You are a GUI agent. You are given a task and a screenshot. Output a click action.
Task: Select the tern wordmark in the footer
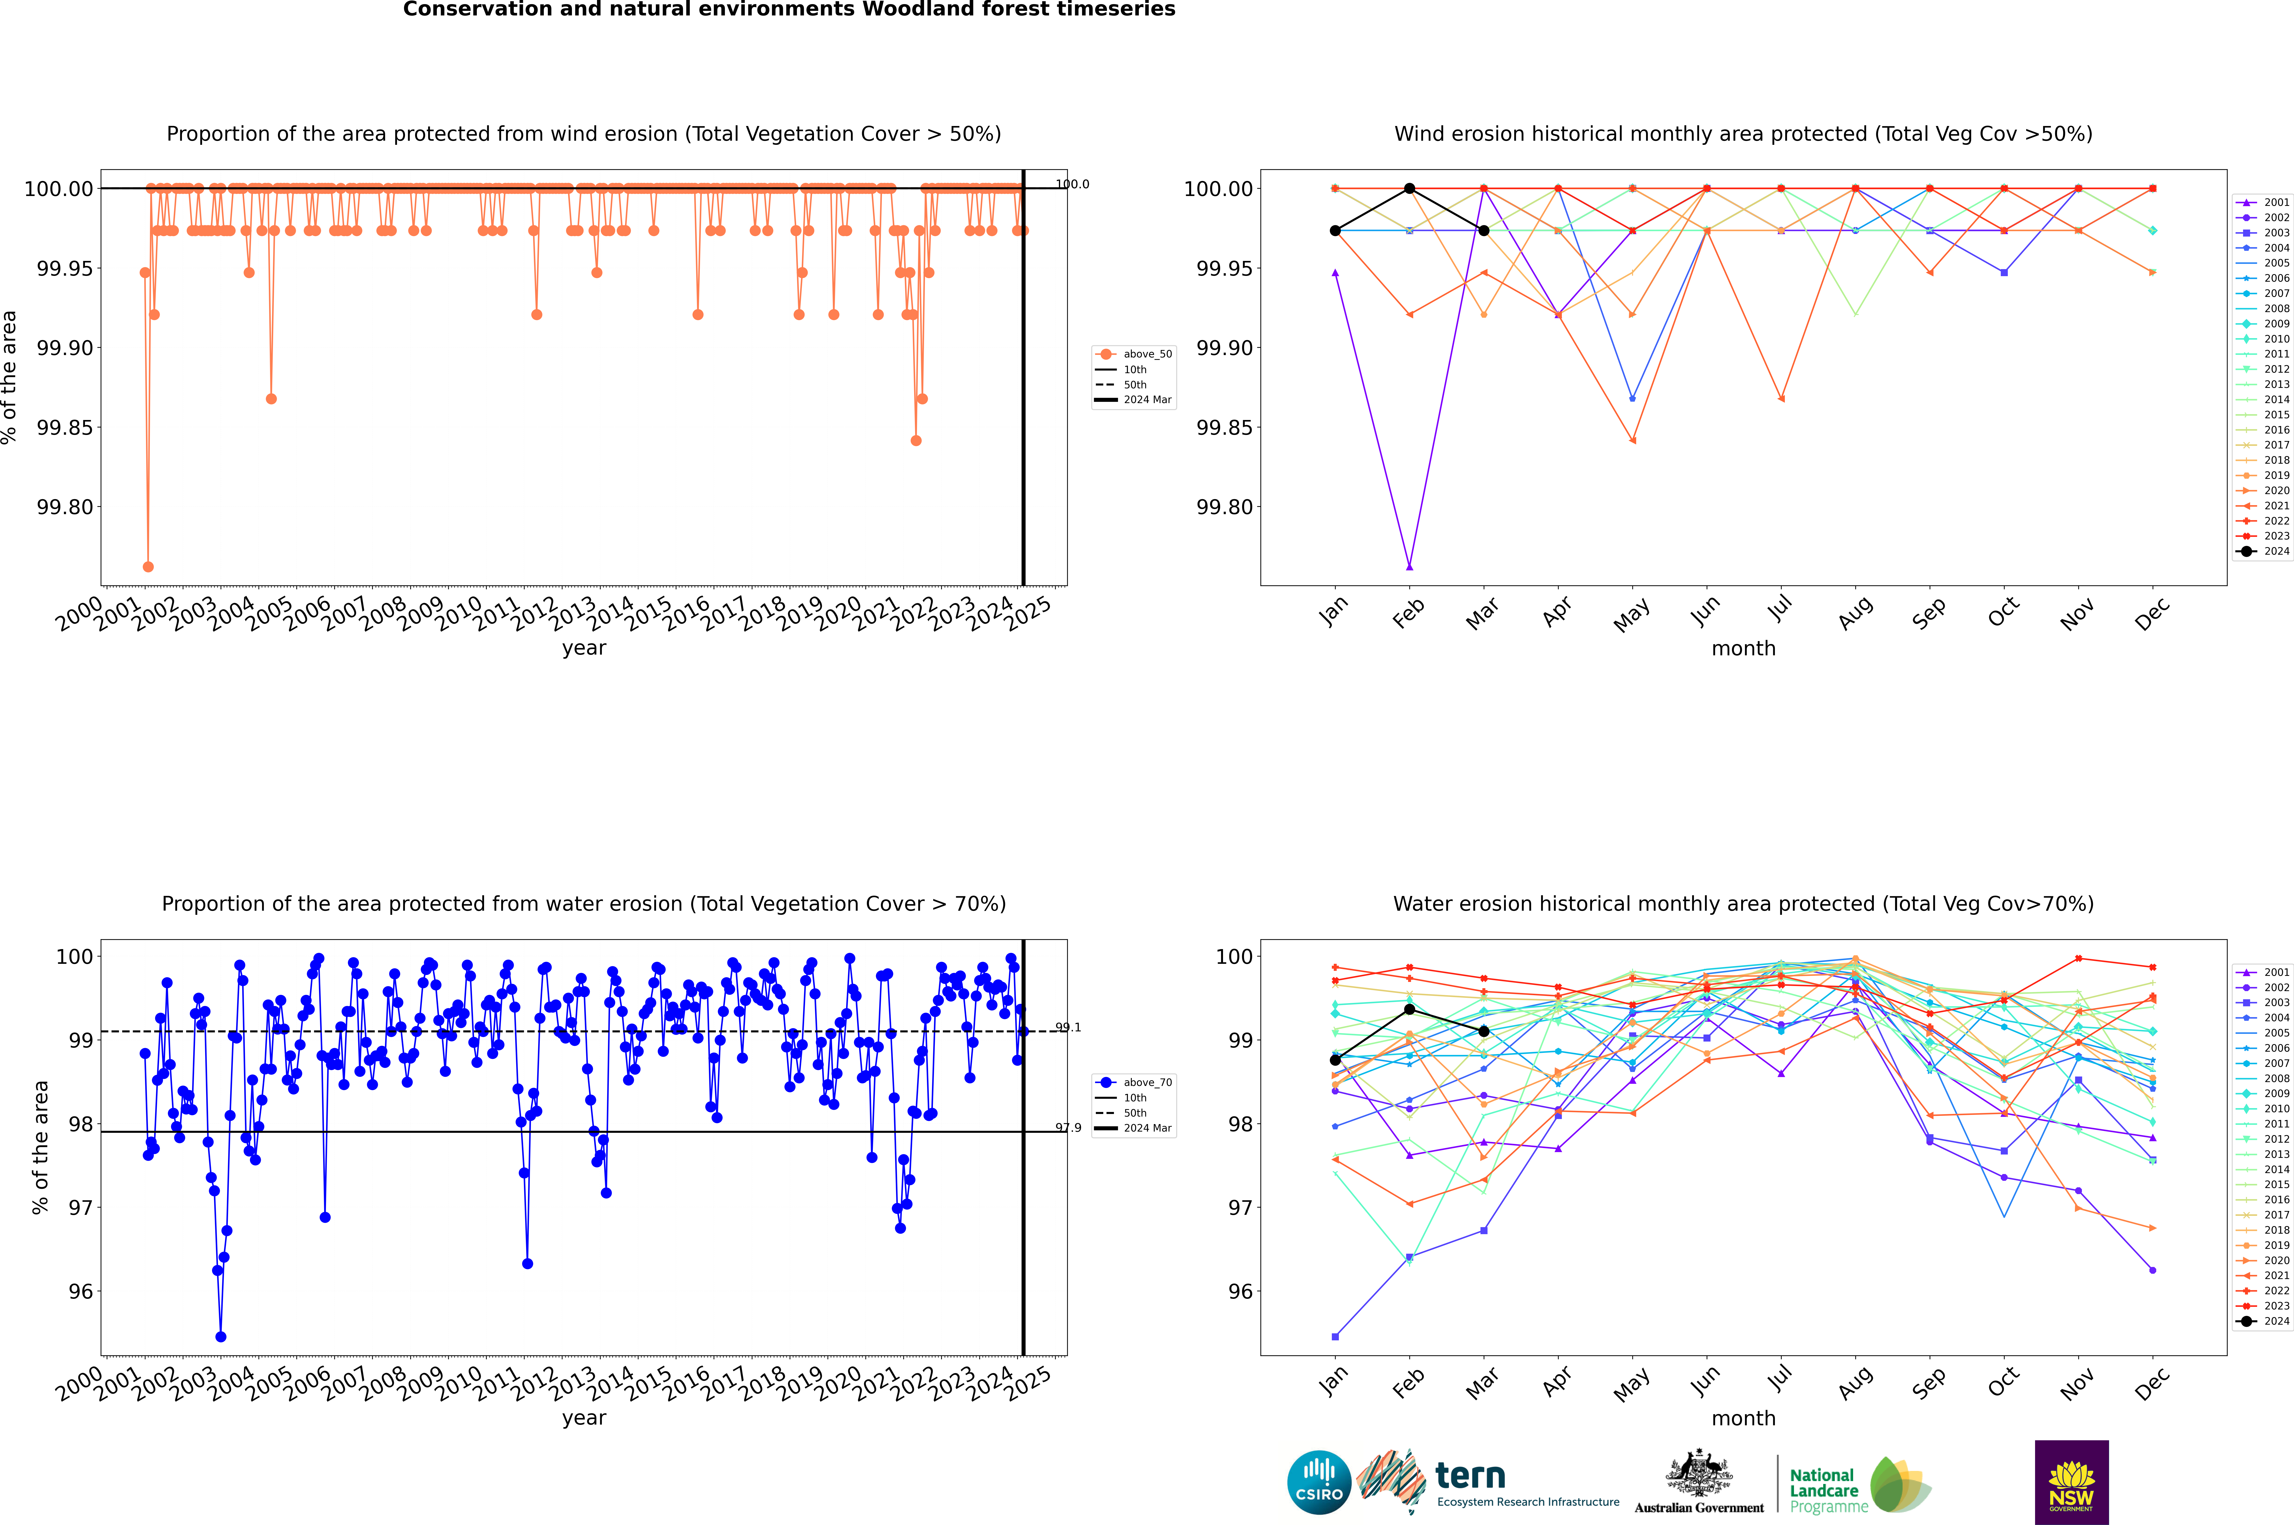(1470, 1476)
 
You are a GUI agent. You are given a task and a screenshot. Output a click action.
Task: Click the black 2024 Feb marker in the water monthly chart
(1409, 1009)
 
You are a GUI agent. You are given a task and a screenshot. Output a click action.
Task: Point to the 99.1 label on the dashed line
(1068, 1027)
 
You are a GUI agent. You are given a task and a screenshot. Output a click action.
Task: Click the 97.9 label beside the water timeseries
(1068, 1128)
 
